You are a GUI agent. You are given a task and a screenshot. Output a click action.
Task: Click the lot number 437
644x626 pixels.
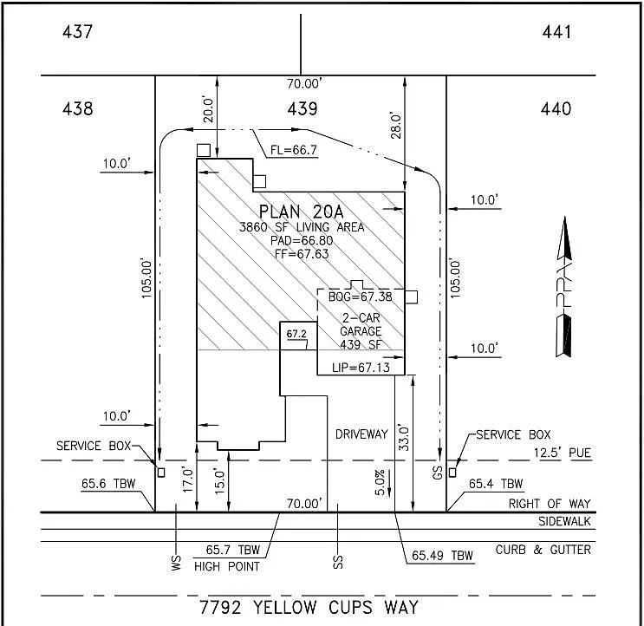[x=77, y=32]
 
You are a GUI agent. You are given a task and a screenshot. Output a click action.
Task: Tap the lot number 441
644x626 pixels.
[x=556, y=32]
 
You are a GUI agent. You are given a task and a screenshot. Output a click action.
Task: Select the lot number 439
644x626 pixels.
[x=302, y=108]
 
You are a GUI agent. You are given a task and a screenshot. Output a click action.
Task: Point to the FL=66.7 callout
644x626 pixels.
[x=294, y=150]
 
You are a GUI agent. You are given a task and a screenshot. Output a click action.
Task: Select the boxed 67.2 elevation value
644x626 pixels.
[x=296, y=334]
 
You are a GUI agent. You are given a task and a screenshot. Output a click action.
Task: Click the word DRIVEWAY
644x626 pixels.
[x=361, y=434]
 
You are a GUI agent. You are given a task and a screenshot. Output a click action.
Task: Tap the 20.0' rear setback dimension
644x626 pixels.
[x=207, y=110]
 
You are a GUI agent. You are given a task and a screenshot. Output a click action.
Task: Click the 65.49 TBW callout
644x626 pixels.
[x=442, y=556]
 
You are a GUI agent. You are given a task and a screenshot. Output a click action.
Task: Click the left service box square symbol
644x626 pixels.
[x=159, y=473]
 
